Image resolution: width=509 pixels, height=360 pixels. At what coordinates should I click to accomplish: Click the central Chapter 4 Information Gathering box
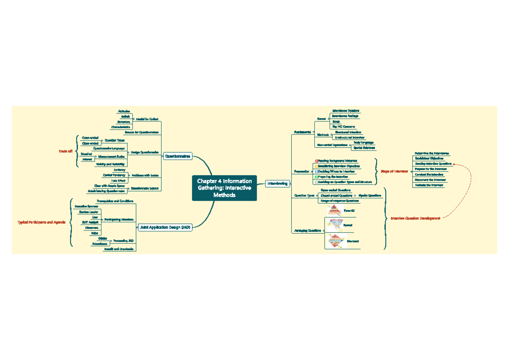click(x=224, y=188)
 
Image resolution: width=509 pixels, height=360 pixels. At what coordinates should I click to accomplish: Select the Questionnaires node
click(x=178, y=156)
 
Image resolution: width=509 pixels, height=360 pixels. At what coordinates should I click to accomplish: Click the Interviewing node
click(x=278, y=183)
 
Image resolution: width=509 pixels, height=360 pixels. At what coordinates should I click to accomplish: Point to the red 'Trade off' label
click(x=65, y=151)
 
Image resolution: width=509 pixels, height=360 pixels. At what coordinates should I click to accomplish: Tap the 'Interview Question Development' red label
click(x=415, y=218)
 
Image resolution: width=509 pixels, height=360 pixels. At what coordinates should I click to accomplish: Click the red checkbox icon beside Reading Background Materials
click(x=316, y=161)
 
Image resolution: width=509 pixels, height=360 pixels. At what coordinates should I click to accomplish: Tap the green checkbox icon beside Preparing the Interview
click(x=316, y=177)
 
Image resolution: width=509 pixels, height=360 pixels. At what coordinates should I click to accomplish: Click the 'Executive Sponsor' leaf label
click(x=84, y=206)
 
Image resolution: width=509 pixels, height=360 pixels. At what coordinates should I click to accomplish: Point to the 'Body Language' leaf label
click(x=364, y=143)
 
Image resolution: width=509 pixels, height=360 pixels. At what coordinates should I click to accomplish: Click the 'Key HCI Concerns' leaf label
click(x=344, y=127)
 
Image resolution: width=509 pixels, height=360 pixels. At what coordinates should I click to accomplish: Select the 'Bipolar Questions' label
click(x=370, y=196)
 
